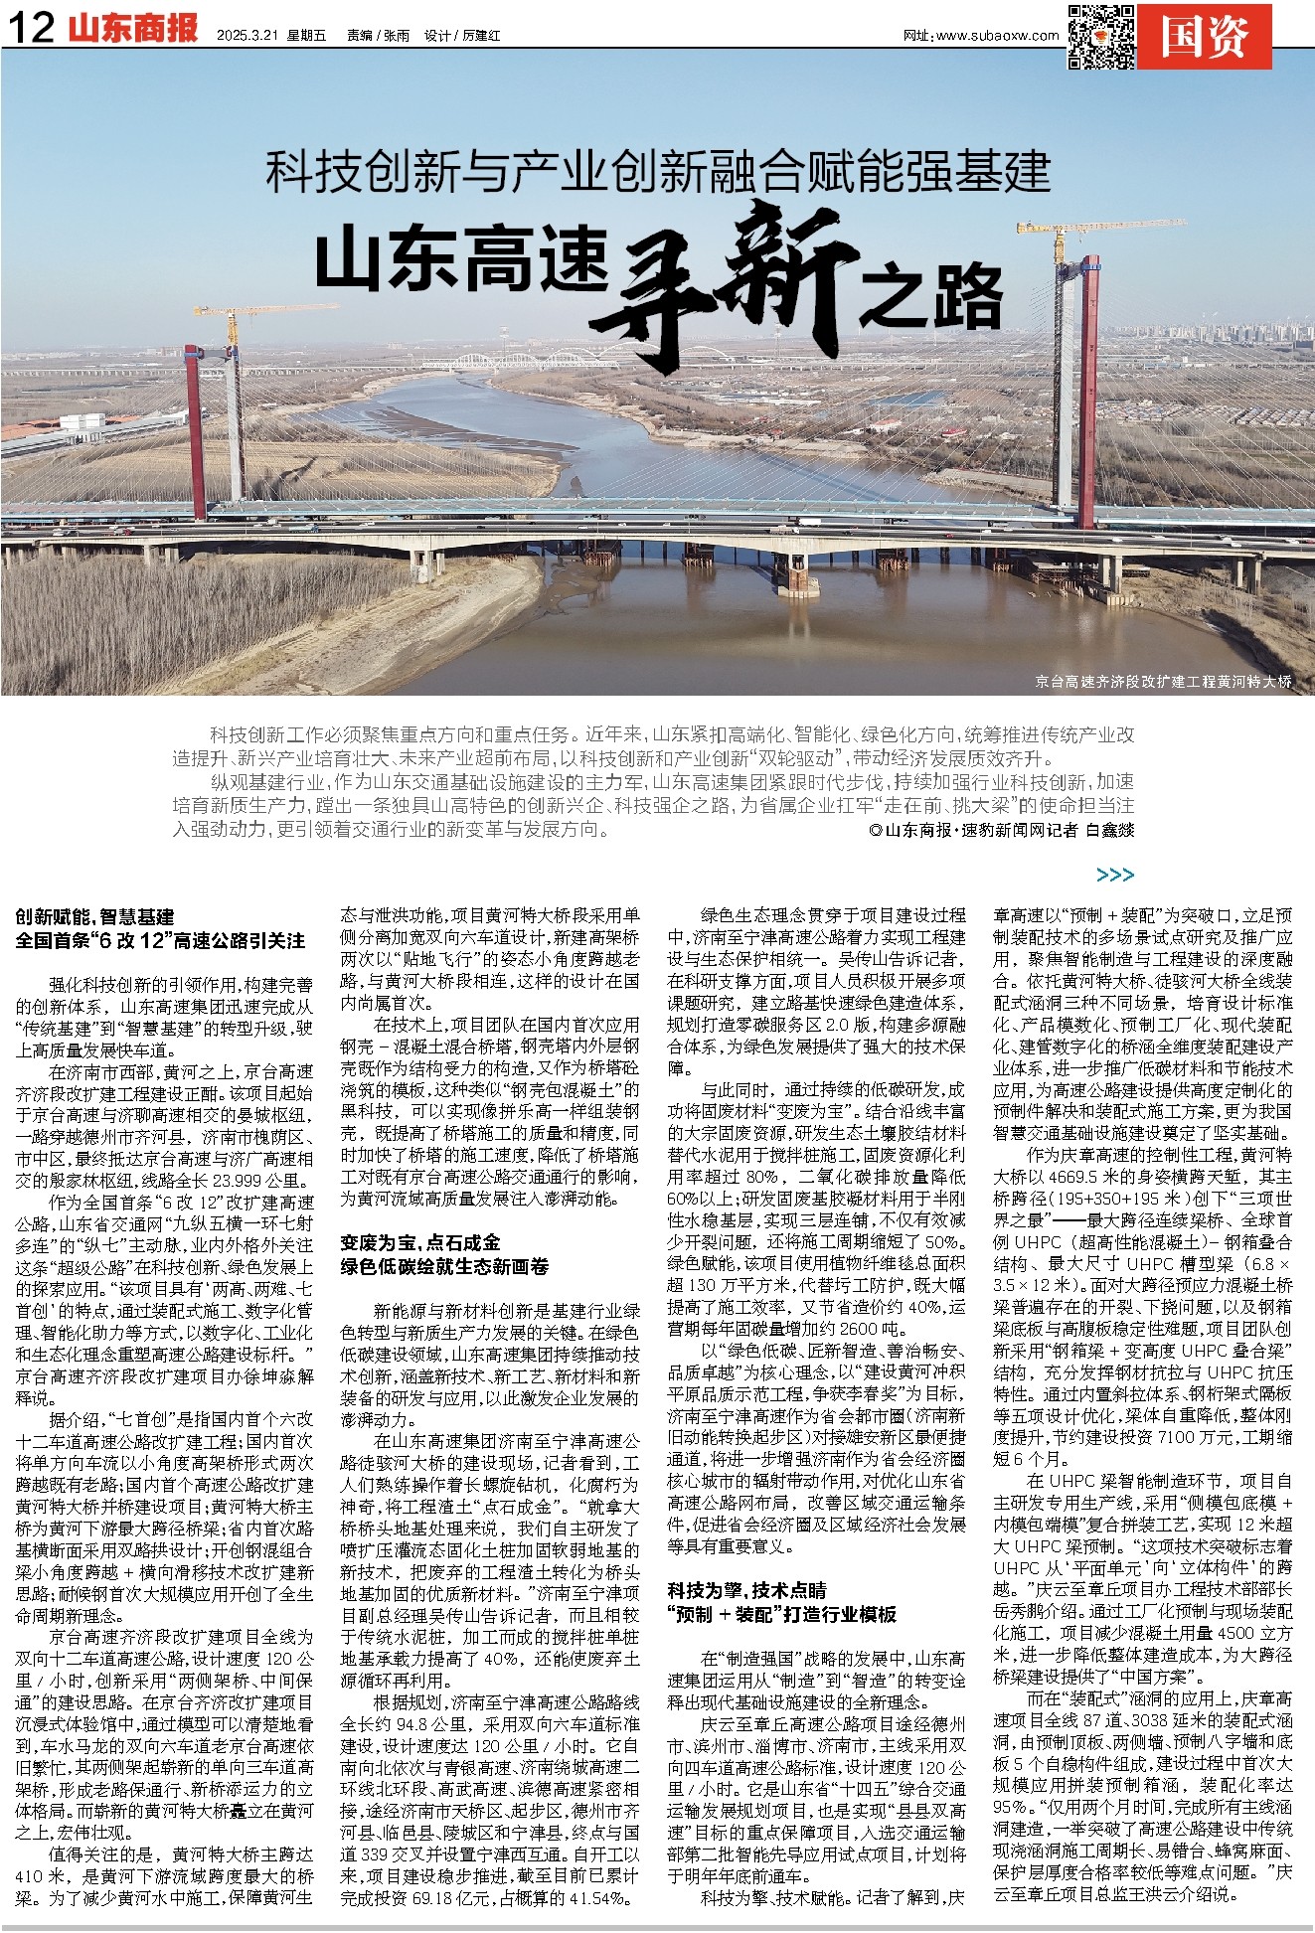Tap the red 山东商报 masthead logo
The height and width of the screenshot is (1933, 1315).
134,30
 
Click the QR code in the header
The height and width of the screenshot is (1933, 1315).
1100,37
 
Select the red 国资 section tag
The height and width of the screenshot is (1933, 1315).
1205,38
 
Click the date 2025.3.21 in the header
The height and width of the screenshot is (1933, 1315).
247,36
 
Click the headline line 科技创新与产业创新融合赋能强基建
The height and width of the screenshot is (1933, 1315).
658,172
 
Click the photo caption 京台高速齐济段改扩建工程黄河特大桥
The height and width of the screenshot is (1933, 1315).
1163,682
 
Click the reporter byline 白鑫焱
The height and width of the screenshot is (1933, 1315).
1109,830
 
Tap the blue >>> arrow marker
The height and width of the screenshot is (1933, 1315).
1114,875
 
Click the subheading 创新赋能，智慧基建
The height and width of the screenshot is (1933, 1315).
94,917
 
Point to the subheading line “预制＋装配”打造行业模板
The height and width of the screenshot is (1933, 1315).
781,1614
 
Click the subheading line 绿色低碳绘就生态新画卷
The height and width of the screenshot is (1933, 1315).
444,1267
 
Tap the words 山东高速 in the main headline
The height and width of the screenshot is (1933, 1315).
461,260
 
